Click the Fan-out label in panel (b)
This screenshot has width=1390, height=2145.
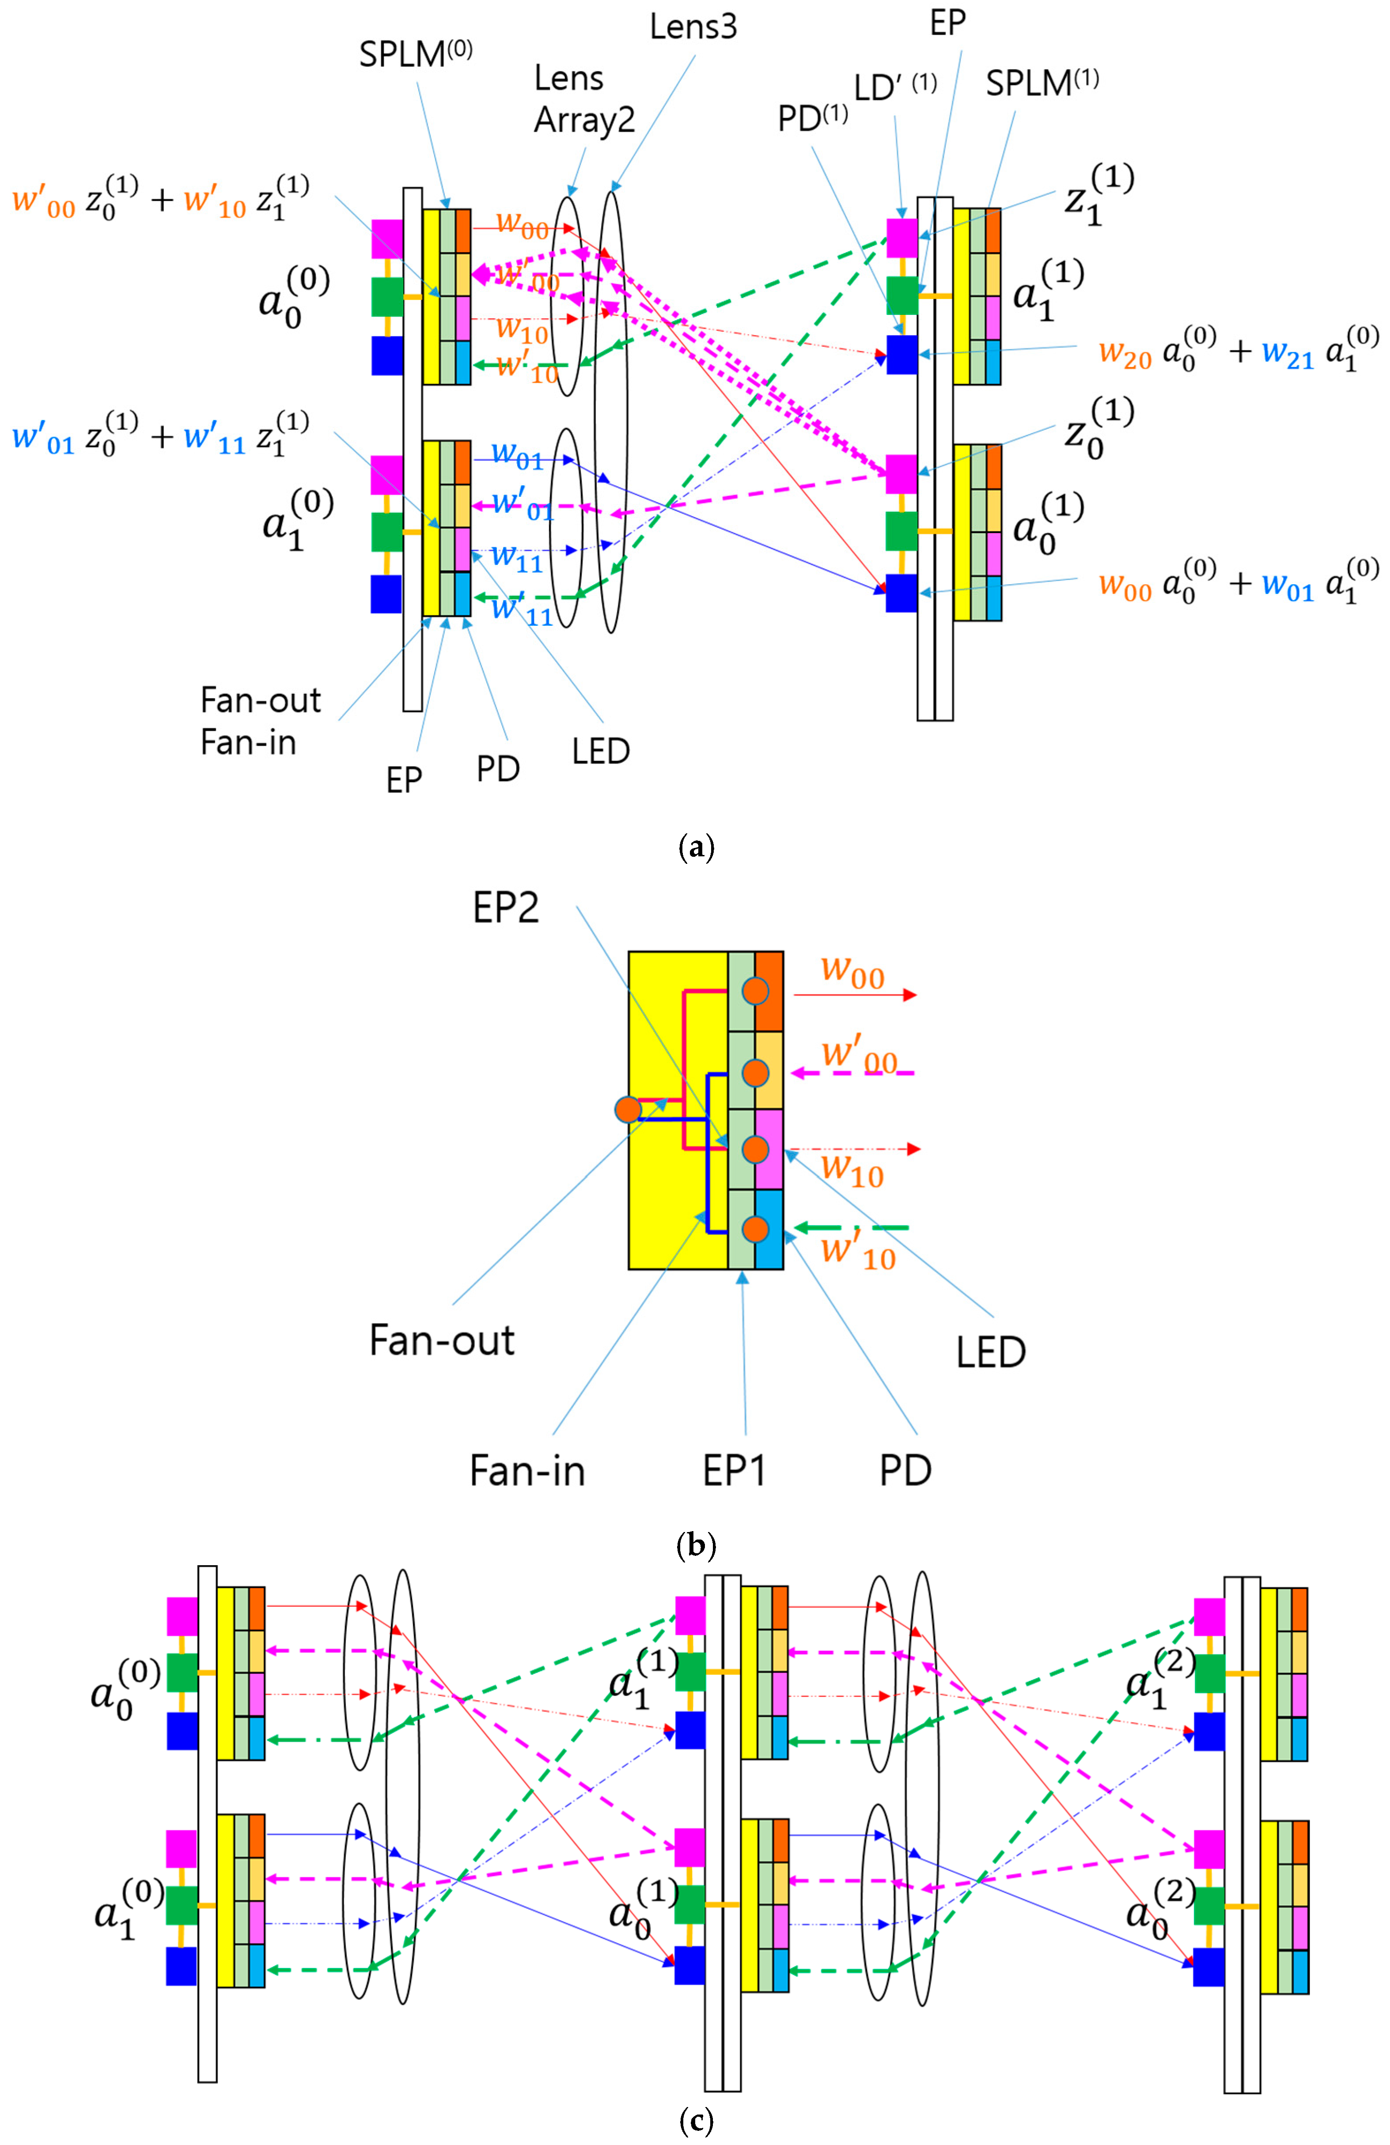[x=442, y=1340]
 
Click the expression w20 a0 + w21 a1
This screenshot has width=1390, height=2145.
[x=1238, y=350]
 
